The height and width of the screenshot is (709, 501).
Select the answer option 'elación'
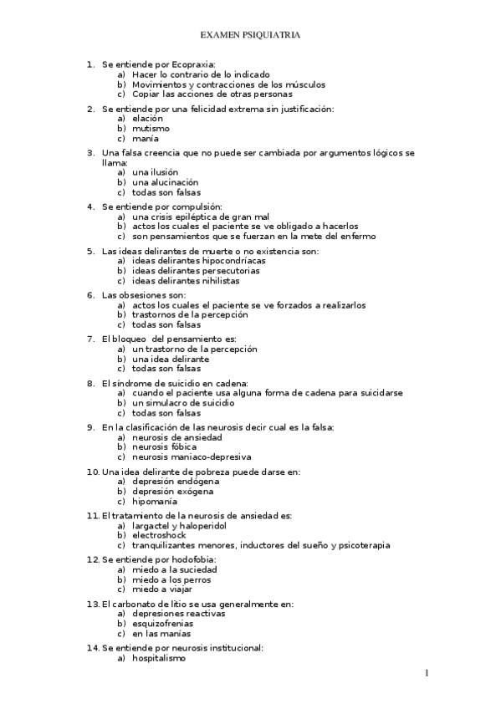tap(147, 119)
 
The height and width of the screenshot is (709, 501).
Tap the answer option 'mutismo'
tap(151, 129)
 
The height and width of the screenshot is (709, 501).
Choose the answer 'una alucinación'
tap(165, 182)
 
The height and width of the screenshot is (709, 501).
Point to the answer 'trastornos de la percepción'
tap(190, 315)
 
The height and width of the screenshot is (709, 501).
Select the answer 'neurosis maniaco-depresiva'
tap(191, 457)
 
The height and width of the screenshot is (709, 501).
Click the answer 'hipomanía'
tap(154, 502)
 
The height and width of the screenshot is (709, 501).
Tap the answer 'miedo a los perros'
tap(171, 579)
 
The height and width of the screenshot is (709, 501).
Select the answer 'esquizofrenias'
tap(162, 624)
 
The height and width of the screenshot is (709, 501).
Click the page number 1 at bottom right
tap(426, 673)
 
